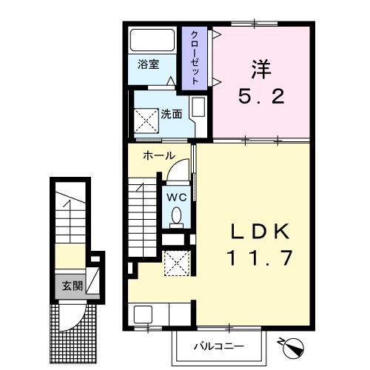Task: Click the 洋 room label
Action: [261, 71]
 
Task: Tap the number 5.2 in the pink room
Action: [261, 96]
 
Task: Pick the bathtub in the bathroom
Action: [152, 40]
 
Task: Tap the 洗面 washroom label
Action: [170, 115]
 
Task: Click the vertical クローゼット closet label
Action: [194, 58]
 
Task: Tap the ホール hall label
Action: [158, 155]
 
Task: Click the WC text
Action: [176, 197]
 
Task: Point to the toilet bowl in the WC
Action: [176, 215]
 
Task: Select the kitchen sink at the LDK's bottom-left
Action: [142, 314]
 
